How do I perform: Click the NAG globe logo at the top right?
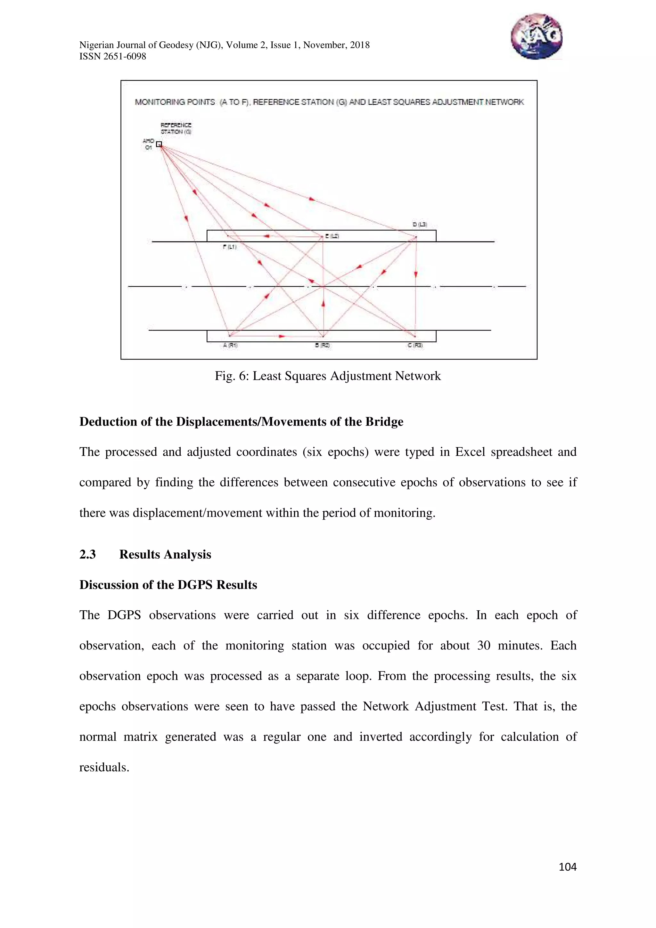536,37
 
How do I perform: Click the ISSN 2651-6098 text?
112,57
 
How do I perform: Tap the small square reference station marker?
159,144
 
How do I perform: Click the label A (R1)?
230,345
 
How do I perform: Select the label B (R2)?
323,345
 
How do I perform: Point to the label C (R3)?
415,345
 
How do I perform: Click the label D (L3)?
420,224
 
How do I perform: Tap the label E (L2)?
332,236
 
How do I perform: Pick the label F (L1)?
230,247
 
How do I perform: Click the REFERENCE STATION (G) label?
176,128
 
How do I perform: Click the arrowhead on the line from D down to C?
415,274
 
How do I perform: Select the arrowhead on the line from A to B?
282,336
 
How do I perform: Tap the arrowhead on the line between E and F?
266,236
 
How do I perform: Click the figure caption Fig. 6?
327,376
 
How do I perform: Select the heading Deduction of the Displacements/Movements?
241,421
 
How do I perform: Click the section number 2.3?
87,554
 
